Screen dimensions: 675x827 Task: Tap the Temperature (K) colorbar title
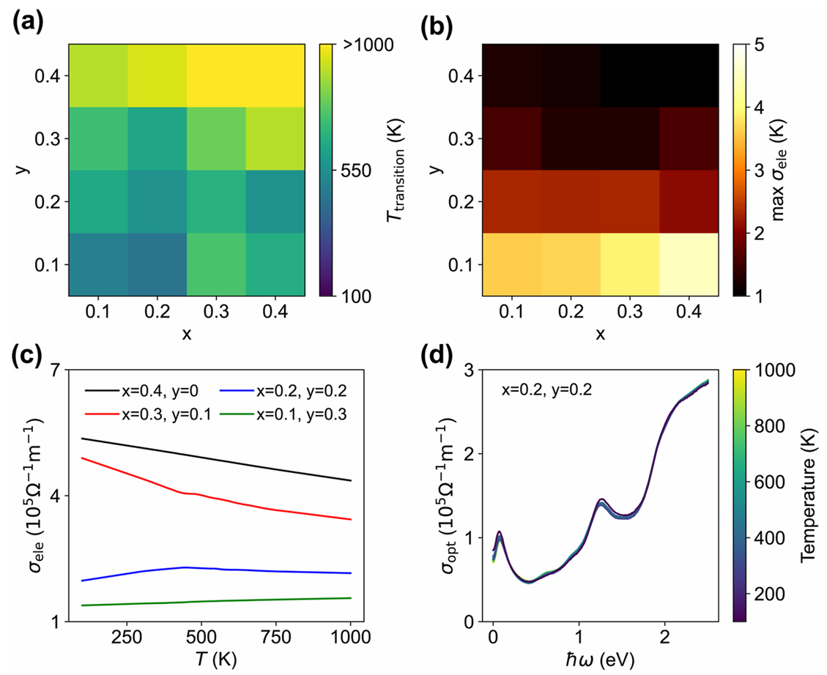[x=808, y=496]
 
